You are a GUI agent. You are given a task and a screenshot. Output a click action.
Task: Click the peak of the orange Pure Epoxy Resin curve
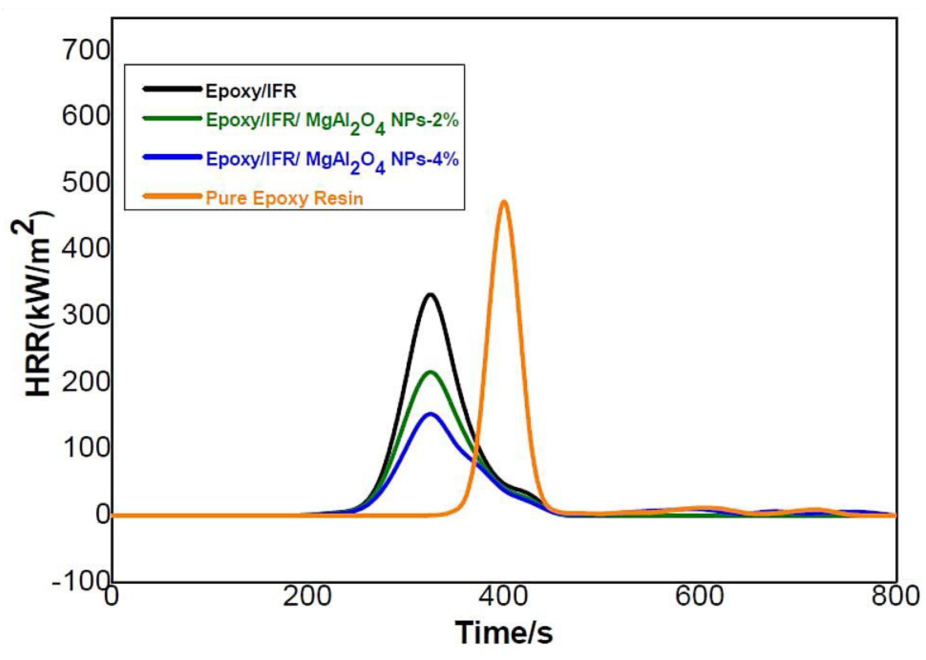coord(504,202)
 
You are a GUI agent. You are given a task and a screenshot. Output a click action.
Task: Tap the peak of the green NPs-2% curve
coord(430,372)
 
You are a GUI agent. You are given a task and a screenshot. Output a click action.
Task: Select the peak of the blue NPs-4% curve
coord(430,415)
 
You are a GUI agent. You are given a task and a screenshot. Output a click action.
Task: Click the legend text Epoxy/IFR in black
coord(251,92)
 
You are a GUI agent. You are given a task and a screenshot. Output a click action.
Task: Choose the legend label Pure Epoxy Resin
coord(284,198)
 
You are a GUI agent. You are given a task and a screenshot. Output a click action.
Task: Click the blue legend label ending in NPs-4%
coord(332,160)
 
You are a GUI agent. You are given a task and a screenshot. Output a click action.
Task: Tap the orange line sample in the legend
coord(172,196)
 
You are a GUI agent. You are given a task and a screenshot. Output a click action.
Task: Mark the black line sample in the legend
coord(172,88)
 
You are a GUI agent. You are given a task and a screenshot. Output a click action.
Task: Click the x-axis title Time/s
coord(503,633)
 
